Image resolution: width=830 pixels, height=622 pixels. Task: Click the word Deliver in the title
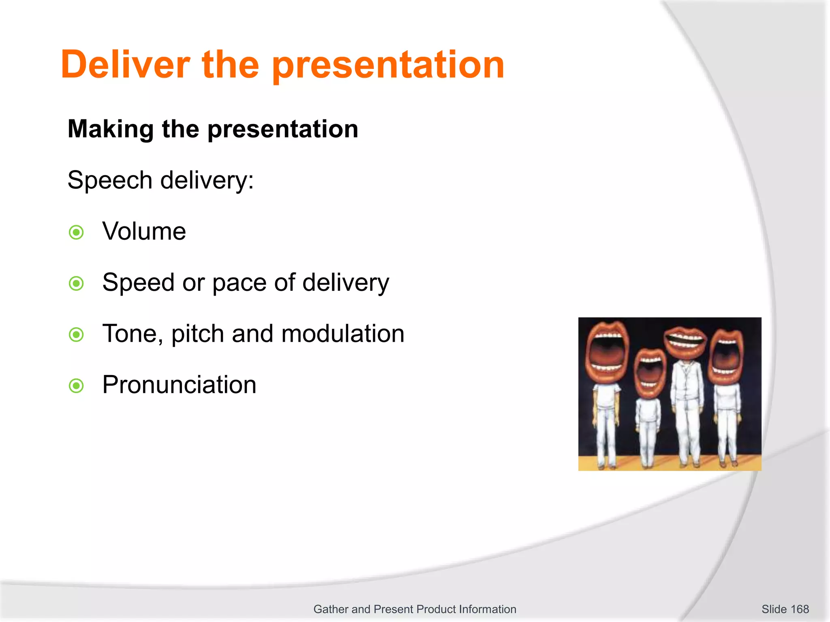[125, 65]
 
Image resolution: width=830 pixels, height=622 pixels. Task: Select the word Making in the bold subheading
[111, 129]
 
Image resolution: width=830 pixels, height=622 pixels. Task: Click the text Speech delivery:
[160, 180]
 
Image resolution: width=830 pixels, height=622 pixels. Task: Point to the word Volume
[144, 232]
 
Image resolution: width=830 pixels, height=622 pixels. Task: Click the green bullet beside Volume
[76, 232]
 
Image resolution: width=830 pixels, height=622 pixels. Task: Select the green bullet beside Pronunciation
[76, 386]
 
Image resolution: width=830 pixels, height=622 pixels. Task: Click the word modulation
[343, 334]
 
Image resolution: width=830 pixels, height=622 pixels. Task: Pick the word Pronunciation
[179, 385]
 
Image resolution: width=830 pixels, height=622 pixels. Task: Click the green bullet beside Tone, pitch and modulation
[76, 334]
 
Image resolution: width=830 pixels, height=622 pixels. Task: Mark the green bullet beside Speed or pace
[76, 283]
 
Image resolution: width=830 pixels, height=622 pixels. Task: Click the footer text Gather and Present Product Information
[415, 609]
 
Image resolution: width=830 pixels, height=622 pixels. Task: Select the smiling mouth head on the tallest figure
[685, 342]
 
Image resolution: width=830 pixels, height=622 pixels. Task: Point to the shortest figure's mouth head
[650, 372]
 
